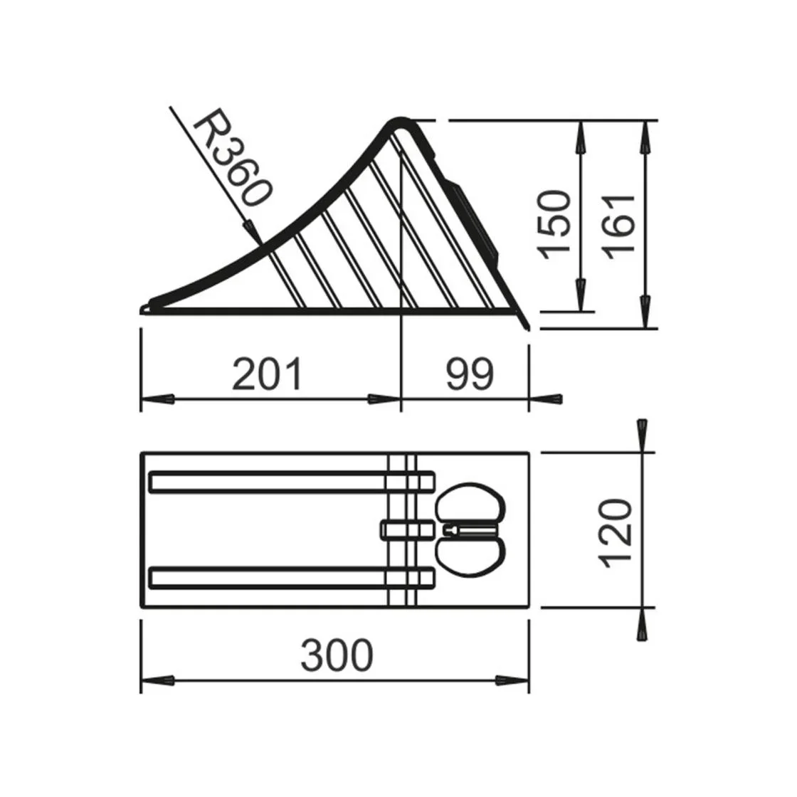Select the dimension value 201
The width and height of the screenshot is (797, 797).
pyautogui.click(x=268, y=374)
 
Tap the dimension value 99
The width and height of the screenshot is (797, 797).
pyautogui.click(x=470, y=374)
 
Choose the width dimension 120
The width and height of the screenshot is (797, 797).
pyautogui.click(x=616, y=532)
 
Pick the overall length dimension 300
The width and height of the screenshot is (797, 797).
pyautogui.click(x=336, y=655)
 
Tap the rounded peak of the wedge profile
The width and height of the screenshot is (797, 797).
pyautogui.click(x=400, y=123)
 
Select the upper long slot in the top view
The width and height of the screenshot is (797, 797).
pyautogui.click(x=292, y=482)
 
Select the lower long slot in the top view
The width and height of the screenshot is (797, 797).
pyautogui.click(x=292, y=578)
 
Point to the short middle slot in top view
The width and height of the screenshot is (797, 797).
pyautogui.click(x=407, y=529)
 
